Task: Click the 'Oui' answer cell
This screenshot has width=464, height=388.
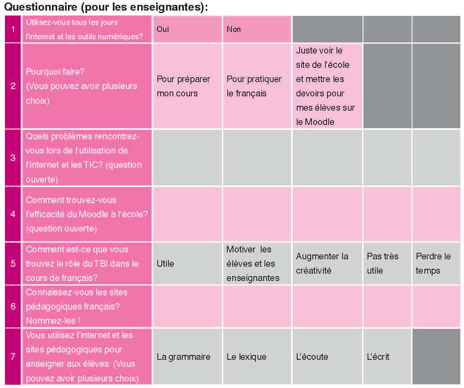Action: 187,29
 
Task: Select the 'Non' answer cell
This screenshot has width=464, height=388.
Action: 257,29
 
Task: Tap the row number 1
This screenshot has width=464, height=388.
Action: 13,29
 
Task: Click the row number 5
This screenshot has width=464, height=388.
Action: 13,263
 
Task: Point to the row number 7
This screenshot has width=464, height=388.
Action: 13,357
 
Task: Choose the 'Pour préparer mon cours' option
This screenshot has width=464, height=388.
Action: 187,86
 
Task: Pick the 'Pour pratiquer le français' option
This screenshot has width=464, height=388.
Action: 257,86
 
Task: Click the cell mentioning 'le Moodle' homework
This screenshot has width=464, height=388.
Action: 327,86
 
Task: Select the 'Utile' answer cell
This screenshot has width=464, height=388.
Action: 187,263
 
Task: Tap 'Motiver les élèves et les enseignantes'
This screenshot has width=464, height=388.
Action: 257,263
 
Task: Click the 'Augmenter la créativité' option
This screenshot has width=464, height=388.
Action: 327,263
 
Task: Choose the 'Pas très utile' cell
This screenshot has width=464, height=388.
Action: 387,263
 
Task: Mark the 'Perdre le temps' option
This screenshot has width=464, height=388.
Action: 436,263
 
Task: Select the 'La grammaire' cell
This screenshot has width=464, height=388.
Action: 187,357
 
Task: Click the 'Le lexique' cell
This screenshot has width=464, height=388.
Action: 257,357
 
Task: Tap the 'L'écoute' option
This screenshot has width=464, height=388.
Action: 327,357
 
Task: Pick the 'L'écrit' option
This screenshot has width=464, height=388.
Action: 387,357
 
